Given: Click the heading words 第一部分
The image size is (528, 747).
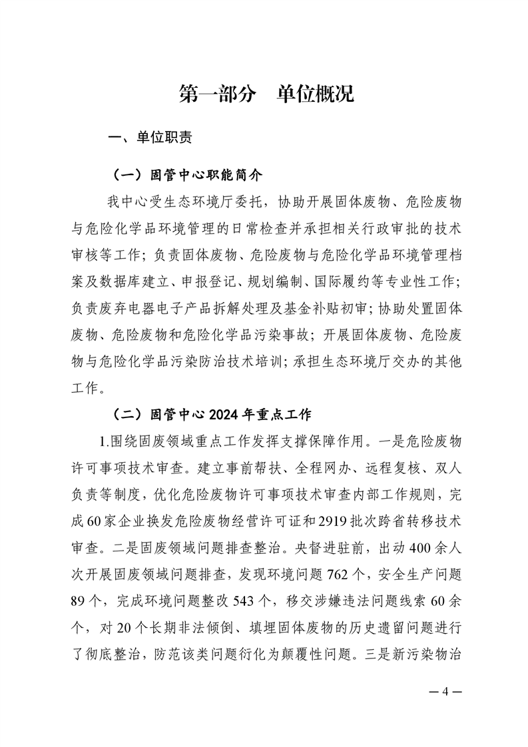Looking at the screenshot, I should pos(218,94).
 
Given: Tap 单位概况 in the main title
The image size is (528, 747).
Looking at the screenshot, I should pos(315,94).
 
